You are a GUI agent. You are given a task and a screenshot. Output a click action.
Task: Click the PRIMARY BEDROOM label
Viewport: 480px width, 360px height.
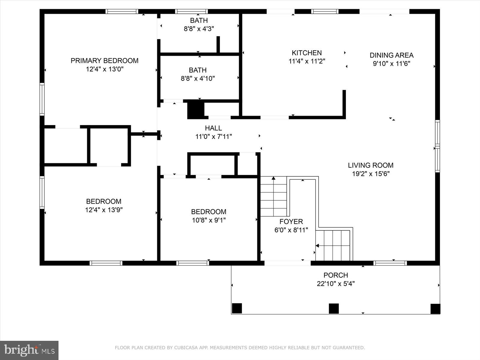point(104,61)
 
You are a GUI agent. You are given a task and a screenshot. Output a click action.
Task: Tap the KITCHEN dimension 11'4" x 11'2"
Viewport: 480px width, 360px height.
point(307,61)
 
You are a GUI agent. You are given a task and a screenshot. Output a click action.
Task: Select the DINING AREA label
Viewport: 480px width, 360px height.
point(391,55)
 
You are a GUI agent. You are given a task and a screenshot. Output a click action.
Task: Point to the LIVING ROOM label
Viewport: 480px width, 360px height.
point(370,165)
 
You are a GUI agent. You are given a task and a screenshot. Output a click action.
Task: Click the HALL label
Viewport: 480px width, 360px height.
point(213,128)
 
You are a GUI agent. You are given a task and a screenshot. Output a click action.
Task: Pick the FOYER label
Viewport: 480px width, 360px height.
point(291,221)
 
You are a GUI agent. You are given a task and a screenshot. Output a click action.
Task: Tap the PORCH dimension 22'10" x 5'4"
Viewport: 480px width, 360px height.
point(336,283)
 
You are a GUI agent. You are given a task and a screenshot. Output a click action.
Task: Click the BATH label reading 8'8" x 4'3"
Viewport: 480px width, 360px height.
point(199,20)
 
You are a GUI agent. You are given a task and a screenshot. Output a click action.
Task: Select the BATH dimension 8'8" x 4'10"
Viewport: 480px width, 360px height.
point(198,79)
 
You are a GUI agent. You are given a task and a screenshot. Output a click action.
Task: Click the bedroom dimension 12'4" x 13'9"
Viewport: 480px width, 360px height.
point(104,210)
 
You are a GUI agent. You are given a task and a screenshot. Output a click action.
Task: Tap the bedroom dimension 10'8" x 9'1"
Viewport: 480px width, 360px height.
point(209,220)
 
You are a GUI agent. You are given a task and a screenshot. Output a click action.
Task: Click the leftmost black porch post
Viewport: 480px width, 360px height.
point(237,308)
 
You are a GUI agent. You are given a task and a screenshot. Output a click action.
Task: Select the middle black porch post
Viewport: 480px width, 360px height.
point(334,308)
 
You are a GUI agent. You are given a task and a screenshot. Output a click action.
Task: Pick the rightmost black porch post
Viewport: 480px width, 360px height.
point(435,309)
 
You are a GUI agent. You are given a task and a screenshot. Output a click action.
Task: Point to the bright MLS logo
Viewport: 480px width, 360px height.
point(29,350)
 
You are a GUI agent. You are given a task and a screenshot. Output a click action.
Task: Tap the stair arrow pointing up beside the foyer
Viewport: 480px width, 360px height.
point(273,178)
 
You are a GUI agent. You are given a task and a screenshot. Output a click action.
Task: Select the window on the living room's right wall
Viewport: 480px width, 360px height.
point(437,146)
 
